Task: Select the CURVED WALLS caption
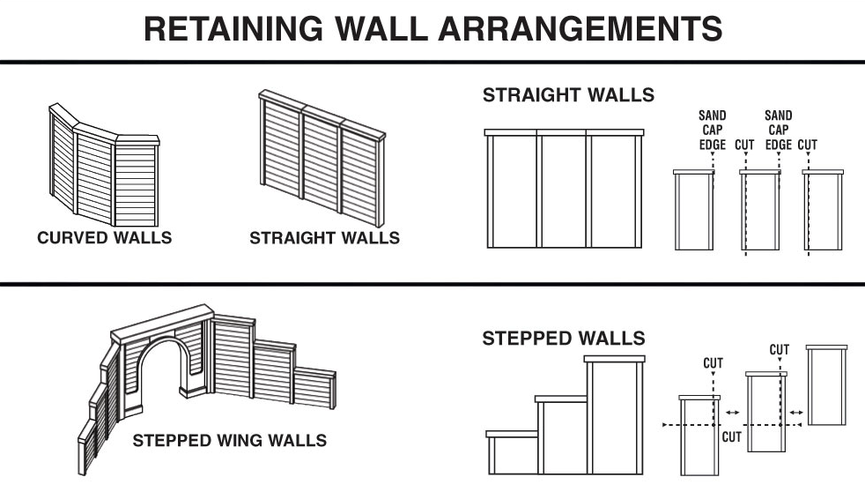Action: click(104, 238)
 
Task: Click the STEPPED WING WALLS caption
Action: click(229, 440)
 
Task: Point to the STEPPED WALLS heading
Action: click(563, 339)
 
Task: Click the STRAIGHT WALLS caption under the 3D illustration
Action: click(324, 238)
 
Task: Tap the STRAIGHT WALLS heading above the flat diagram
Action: click(568, 95)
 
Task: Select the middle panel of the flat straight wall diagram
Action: click(563, 191)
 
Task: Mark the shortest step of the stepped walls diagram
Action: click(512, 454)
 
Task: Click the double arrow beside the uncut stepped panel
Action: click(798, 412)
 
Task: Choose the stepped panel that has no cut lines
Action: click(826, 387)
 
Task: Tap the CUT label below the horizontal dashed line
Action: click(731, 436)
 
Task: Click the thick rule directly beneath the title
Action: click(432, 62)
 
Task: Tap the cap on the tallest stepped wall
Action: click(616, 359)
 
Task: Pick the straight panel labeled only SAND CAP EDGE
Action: click(693, 212)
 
